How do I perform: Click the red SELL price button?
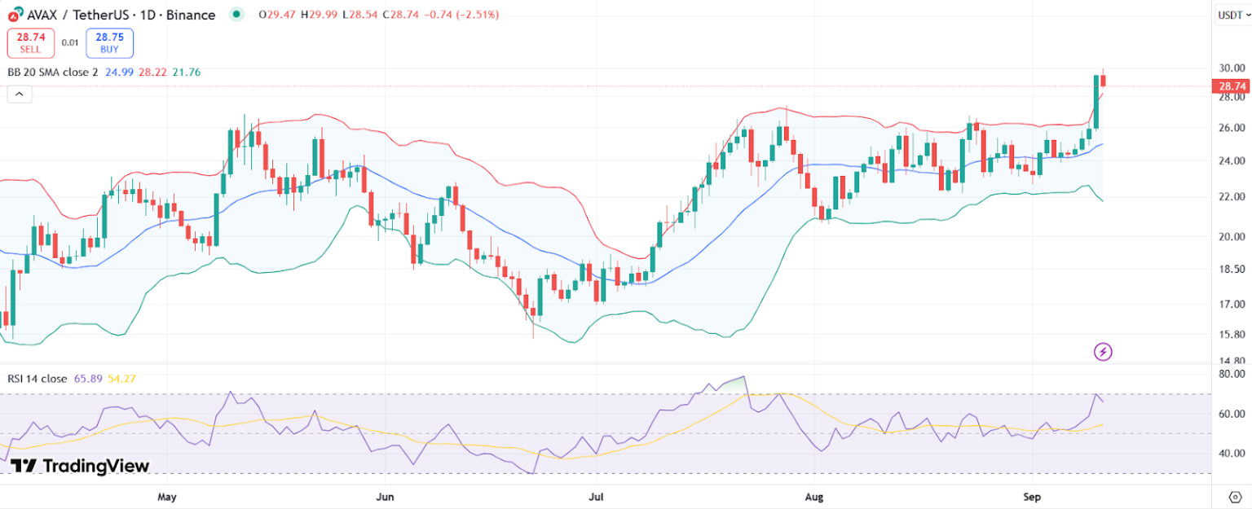click(31, 43)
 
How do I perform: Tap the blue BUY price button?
click(109, 43)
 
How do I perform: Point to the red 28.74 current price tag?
click(1230, 86)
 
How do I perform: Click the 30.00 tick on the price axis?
click(1231, 68)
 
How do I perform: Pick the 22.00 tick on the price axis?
click(1231, 196)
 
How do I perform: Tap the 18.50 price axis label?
click(1231, 269)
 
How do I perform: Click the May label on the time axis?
click(167, 496)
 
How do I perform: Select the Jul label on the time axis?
click(597, 496)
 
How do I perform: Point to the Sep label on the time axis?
click(1032, 496)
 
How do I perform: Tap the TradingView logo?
click(80, 466)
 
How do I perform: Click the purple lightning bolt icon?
click(1102, 352)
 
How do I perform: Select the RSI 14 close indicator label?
click(37, 379)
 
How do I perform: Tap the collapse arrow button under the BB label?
click(20, 94)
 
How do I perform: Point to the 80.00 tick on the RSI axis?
click(1231, 375)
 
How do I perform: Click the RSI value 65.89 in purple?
click(87, 379)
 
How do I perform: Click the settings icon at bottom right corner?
click(1234, 496)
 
